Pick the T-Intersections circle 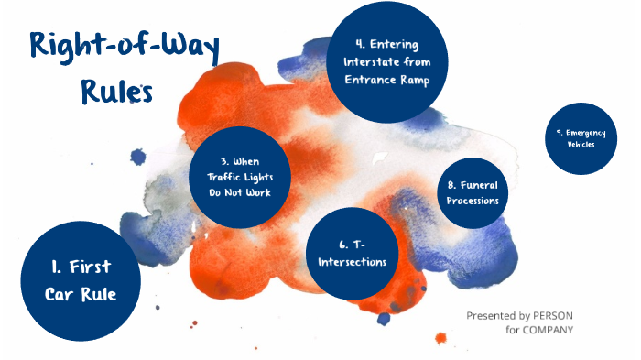point(352,254)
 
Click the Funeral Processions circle point(473,192)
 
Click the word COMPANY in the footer point(550,330)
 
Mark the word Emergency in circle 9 point(586,134)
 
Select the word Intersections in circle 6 point(352,262)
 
